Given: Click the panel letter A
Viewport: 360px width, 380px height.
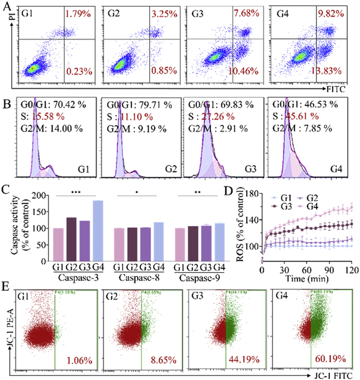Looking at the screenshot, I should pyautogui.click(x=7, y=6).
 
